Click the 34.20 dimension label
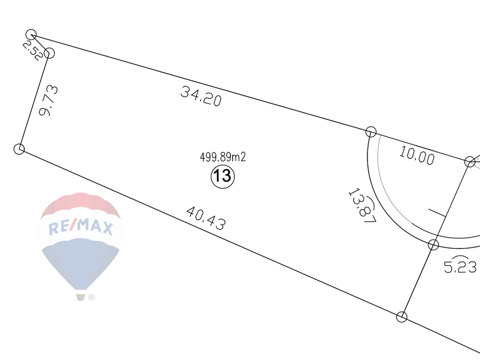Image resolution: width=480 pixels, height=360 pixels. pos(201,96)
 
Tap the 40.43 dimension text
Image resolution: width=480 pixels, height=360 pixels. pos(206,218)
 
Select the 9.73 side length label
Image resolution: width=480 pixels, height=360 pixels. pos(49,101)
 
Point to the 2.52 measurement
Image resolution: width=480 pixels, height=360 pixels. pos(33,51)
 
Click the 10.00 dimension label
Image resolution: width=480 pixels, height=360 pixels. pos(417,155)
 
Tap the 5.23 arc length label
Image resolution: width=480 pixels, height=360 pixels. pos(460,267)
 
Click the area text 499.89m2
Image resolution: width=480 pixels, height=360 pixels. pos(223,157)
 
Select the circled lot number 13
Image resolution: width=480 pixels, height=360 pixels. pos(222,177)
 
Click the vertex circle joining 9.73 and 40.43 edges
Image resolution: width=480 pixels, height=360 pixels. pos(19,149)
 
